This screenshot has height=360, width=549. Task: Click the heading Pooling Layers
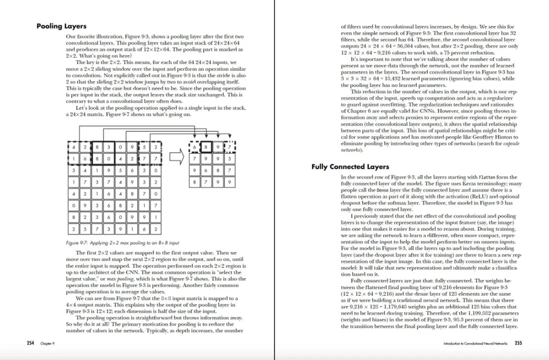click(62, 26)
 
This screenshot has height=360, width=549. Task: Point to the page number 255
click(518, 342)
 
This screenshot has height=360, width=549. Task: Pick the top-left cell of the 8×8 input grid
click(72, 147)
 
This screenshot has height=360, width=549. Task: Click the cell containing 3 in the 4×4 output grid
click(229, 159)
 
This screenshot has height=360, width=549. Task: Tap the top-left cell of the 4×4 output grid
click(194, 147)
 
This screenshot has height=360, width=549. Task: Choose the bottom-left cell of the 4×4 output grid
click(194, 182)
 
